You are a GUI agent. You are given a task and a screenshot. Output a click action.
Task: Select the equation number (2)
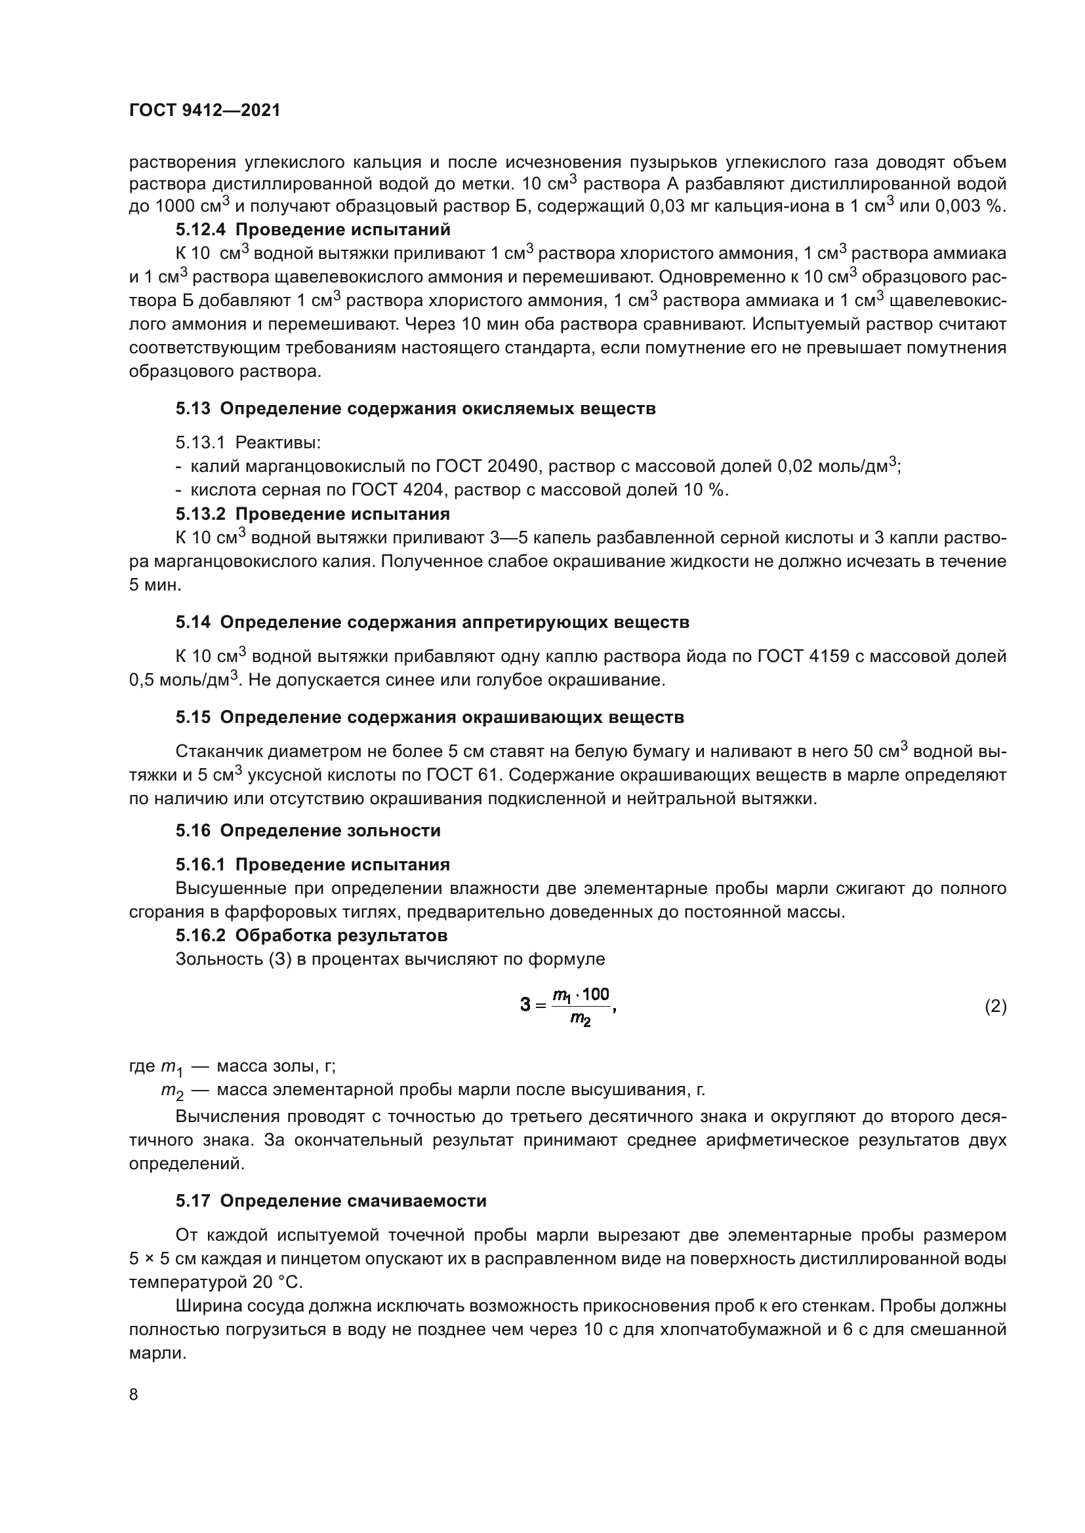coord(996,1005)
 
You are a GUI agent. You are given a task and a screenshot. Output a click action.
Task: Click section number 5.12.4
coord(203,229)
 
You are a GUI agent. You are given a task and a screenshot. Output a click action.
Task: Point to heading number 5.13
coord(193,408)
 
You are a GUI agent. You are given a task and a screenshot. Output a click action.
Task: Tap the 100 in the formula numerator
coord(595,995)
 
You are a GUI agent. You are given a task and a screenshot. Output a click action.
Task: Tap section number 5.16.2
coord(203,935)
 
